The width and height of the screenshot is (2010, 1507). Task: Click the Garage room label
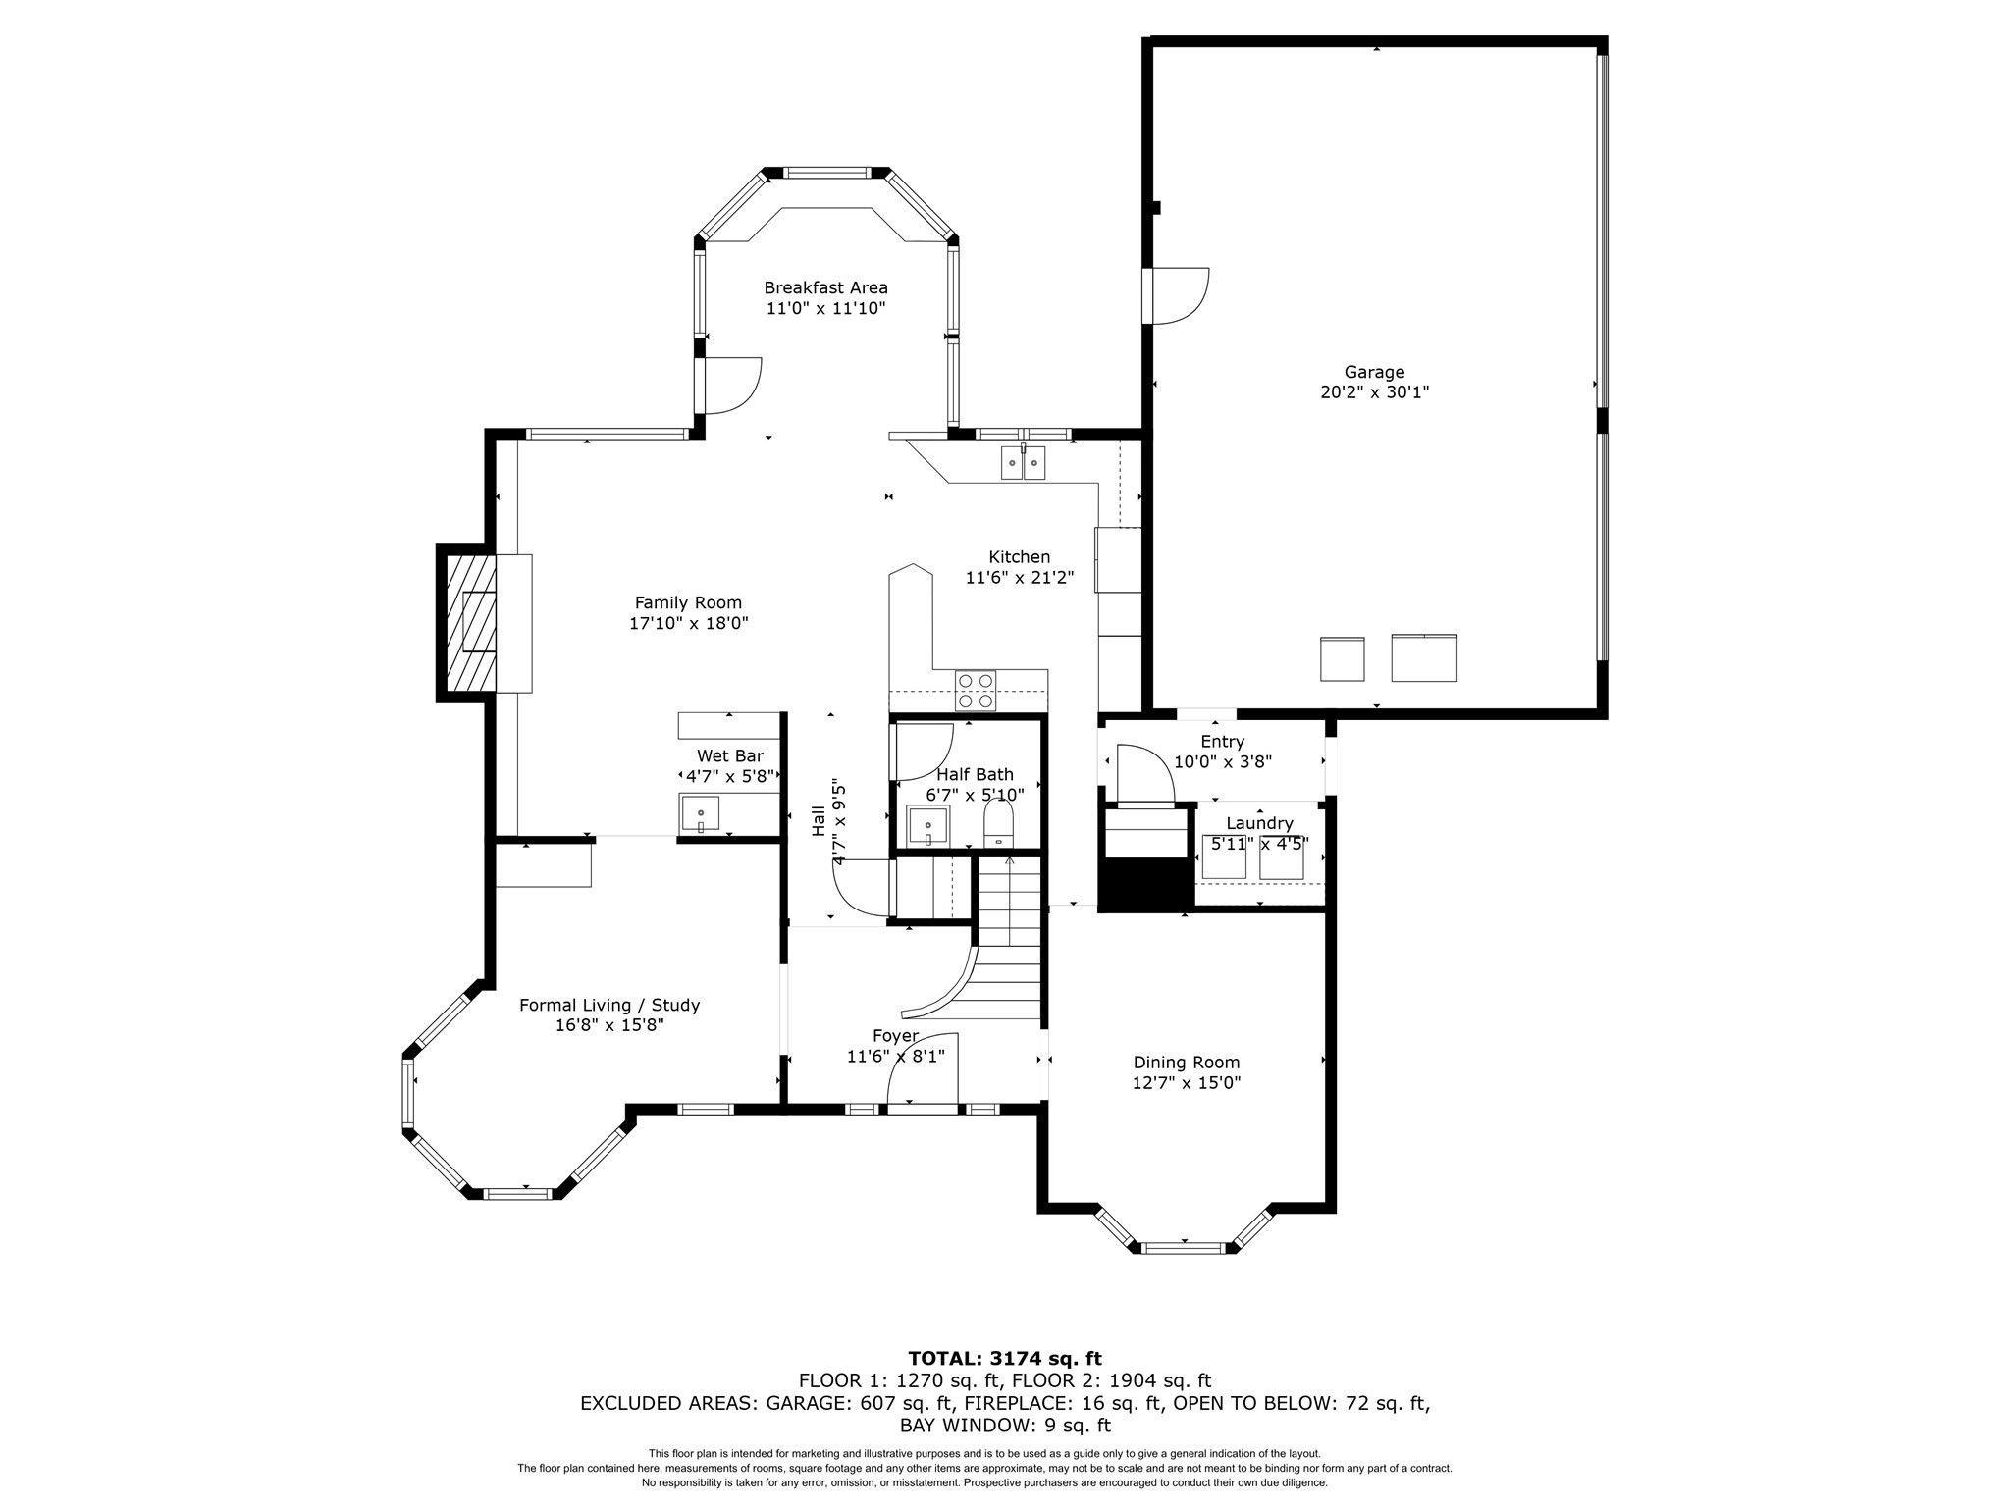tap(1374, 372)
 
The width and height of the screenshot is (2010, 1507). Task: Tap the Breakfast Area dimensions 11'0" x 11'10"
tap(825, 308)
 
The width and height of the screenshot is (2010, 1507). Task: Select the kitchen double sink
tap(1023, 462)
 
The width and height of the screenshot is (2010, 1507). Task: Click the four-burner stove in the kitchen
tap(976, 690)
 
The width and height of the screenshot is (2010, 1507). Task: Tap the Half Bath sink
tap(927, 826)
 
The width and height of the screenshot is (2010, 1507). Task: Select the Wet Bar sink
tap(700, 815)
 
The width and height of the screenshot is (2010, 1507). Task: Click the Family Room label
tap(688, 602)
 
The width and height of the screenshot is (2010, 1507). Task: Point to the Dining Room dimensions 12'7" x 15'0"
tap(1186, 1083)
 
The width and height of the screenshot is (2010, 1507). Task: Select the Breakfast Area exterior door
tap(729, 386)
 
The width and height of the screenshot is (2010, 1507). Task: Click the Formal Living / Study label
tap(608, 1005)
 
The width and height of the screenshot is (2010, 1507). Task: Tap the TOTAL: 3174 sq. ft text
tap(1004, 1359)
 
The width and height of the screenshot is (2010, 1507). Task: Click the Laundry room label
tap(1259, 823)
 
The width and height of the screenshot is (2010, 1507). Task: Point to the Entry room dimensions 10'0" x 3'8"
tap(1223, 761)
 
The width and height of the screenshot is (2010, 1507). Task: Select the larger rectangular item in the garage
tap(1423, 657)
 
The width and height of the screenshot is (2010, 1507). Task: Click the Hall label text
tap(819, 820)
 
